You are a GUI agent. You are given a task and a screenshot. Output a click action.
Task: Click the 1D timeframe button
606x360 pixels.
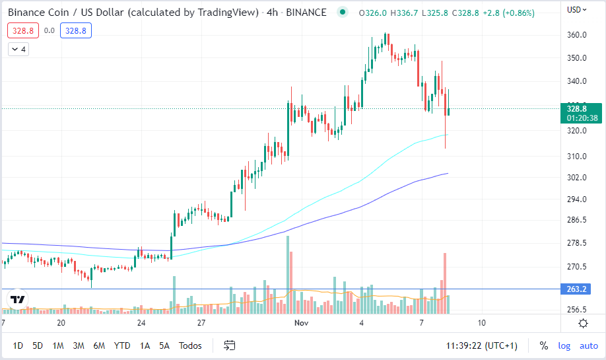coord(18,345)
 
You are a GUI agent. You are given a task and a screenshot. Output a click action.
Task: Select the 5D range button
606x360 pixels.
coord(38,345)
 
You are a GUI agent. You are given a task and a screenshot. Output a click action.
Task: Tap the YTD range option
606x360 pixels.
coord(121,345)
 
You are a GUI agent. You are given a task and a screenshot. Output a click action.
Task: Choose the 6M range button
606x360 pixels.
coord(99,345)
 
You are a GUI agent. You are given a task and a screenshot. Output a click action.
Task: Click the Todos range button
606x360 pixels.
coord(190,345)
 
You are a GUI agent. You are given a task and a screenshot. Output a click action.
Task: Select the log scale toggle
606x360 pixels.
coord(564,345)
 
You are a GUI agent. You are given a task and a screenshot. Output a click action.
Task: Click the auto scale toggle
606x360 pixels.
coord(589,345)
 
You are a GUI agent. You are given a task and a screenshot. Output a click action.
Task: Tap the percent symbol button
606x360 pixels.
coord(544,345)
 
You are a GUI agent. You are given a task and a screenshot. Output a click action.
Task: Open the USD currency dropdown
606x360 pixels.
coord(576,10)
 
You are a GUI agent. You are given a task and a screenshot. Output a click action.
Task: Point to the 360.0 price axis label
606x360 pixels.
coord(577,35)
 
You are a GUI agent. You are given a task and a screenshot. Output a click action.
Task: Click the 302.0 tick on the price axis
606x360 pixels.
coord(577,178)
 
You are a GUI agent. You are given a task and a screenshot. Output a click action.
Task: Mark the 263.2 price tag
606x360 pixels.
coord(578,289)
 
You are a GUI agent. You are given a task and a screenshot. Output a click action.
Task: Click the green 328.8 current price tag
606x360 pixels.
coord(578,108)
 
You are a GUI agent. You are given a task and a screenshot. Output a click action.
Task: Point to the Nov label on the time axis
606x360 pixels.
coord(302,323)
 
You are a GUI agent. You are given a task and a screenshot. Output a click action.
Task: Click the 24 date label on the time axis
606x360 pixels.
coord(141,323)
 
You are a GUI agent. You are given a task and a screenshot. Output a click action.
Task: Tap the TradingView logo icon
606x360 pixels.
coord(18,299)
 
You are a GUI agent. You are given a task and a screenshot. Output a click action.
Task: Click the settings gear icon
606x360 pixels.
coord(583,323)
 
